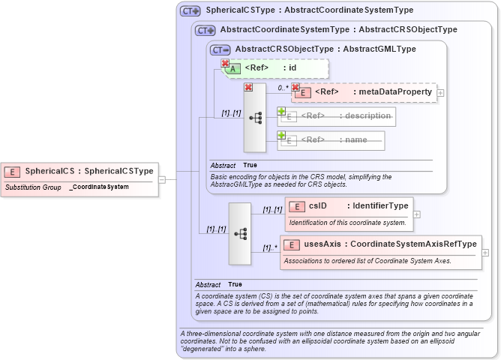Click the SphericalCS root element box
[80, 171]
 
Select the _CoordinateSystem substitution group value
[98, 187]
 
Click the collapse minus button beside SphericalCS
[162, 178]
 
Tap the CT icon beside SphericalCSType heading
[190, 11]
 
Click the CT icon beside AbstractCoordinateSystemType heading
[205, 30]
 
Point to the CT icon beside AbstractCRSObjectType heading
[220, 49]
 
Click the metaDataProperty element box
[364, 92]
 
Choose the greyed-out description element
[337, 116]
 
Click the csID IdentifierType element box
[349, 206]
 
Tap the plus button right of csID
[417, 214]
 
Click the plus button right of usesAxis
[485, 253]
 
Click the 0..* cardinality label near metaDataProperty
[283, 88]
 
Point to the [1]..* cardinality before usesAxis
[270, 247]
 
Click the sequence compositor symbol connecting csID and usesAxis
[240, 233]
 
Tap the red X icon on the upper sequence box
[249, 87]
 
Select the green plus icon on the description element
[282, 111]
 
